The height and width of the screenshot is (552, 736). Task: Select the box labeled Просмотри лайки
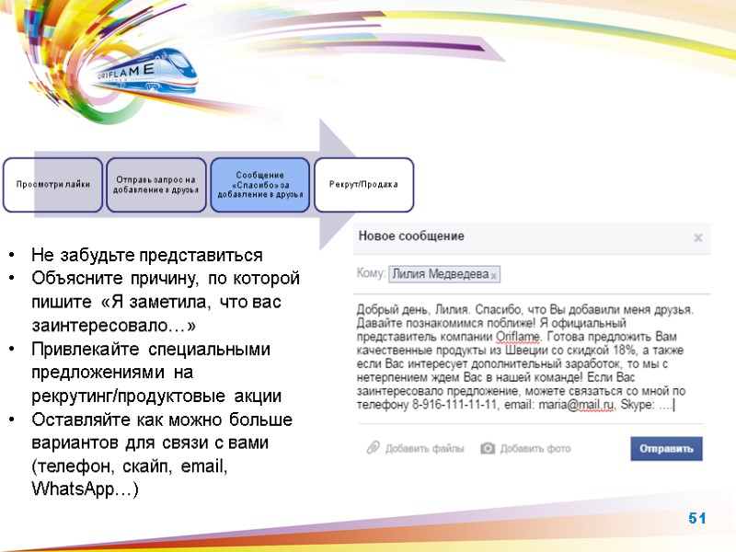click(52, 184)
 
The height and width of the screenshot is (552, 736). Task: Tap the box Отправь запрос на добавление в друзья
click(155, 184)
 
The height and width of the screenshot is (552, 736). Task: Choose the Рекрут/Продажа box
click(363, 184)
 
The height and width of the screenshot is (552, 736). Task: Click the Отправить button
click(666, 448)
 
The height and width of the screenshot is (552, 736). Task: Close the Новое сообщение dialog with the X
click(698, 237)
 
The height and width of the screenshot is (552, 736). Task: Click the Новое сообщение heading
click(411, 236)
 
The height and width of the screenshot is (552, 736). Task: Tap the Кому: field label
click(370, 273)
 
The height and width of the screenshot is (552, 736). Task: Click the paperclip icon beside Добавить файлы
click(373, 448)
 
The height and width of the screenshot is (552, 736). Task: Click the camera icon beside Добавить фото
click(489, 448)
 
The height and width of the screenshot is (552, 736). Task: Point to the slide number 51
click(697, 520)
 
